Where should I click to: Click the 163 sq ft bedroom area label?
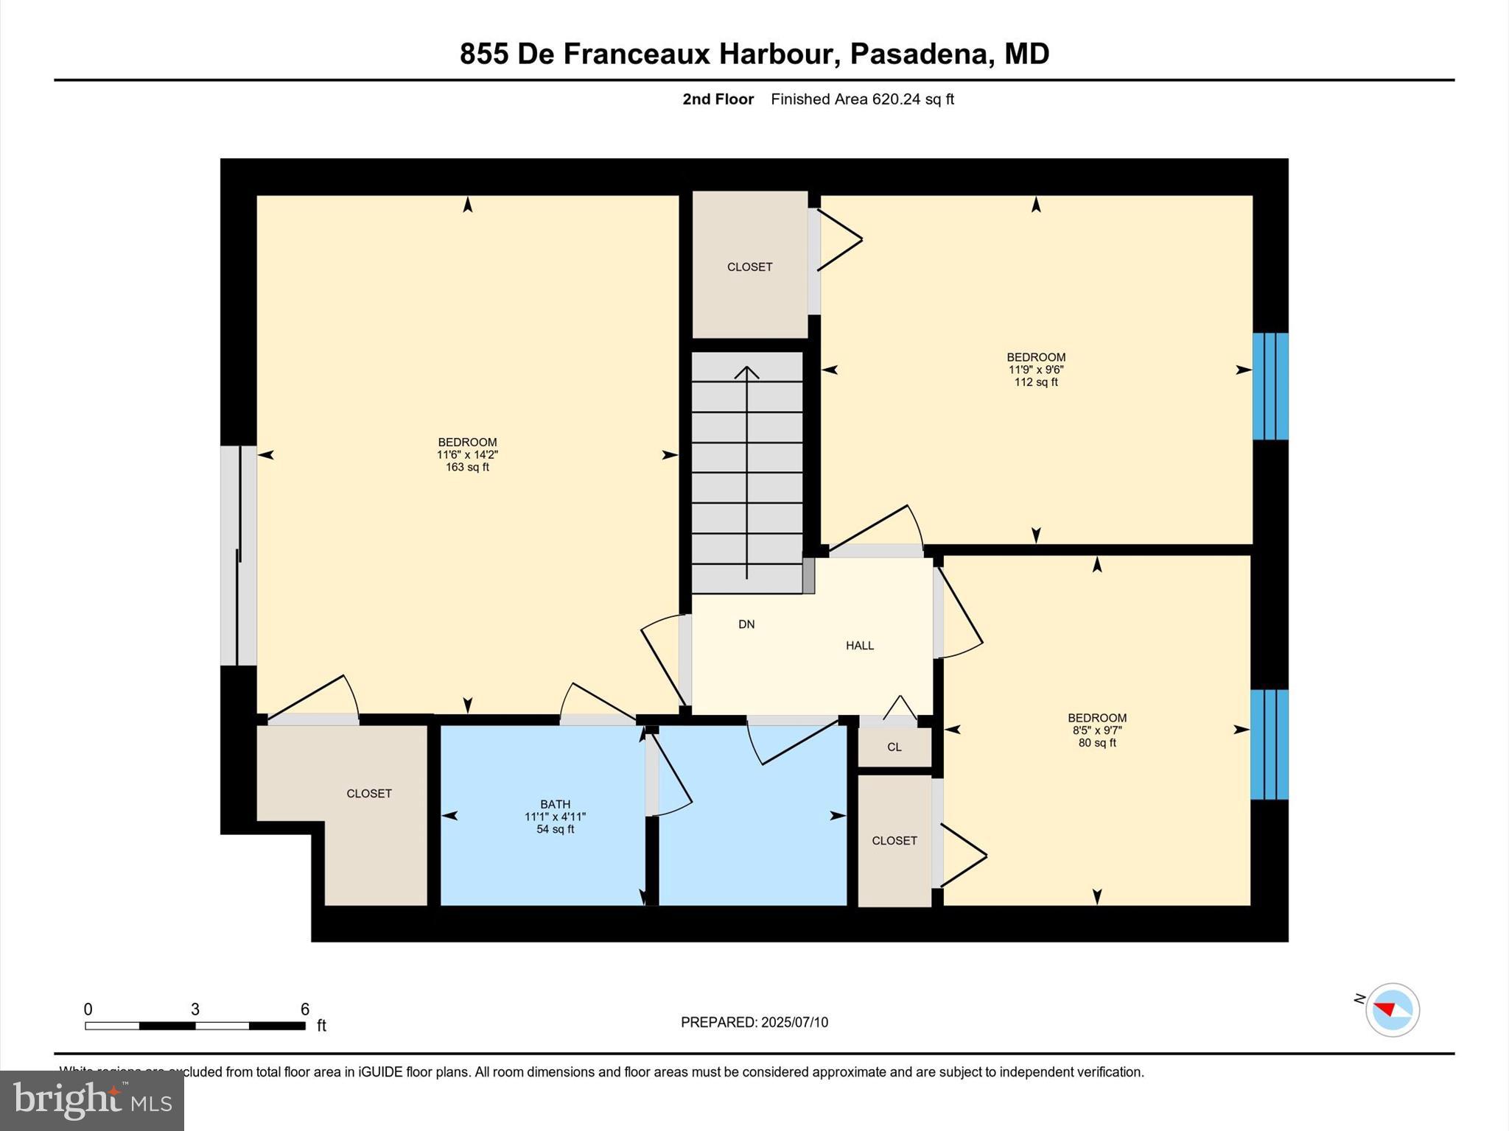tap(467, 468)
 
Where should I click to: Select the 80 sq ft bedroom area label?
tap(1097, 743)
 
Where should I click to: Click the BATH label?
tap(555, 804)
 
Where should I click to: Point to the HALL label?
tap(860, 646)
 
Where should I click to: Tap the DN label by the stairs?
tap(746, 624)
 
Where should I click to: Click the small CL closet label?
tap(894, 747)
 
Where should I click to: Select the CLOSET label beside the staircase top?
tap(749, 267)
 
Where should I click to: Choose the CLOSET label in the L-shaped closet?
tap(369, 794)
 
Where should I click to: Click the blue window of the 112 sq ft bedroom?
tap(1270, 387)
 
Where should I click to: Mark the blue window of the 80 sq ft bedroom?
tap(1270, 744)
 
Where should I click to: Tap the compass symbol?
tap(1392, 1010)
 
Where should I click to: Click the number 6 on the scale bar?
tap(304, 1010)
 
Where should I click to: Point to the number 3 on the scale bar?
tap(195, 1010)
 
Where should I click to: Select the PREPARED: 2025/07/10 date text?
tap(754, 1022)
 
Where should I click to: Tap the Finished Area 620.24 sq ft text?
tap(862, 99)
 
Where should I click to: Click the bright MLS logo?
tap(92, 1100)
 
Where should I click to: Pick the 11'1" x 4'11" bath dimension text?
tap(555, 817)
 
